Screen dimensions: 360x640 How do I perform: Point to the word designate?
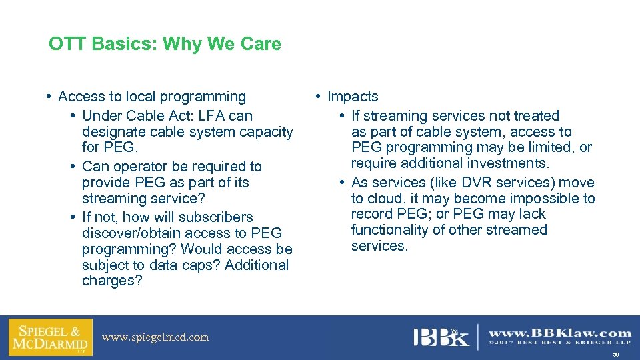(x=113, y=132)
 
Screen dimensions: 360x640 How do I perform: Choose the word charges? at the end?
(x=112, y=281)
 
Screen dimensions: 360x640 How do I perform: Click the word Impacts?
(x=353, y=97)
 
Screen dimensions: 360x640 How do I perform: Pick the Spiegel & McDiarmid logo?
(x=50, y=337)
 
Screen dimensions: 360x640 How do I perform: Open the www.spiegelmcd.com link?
(x=155, y=337)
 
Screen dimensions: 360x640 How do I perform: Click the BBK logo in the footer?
(x=441, y=337)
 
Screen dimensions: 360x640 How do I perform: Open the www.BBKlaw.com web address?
(x=559, y=333)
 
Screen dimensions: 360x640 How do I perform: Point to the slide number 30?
(x=615, y=355)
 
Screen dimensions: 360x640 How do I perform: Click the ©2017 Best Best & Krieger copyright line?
(x=559, y=344)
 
